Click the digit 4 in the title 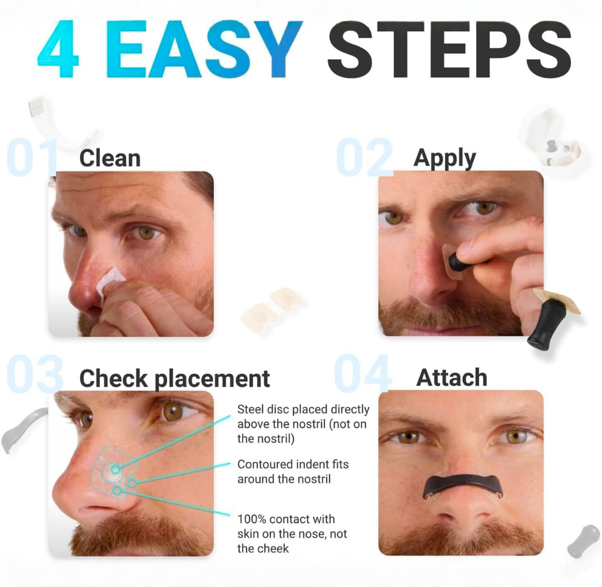tap(58, 50)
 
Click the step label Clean tap(110, 158)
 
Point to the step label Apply tap(444, 158)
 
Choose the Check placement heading tap(175, 378)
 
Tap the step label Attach tap(452, 378)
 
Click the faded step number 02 tap(364, 157)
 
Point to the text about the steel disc tap(303, 424)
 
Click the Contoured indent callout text tap(293, 472)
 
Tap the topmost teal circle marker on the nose tap(115, 469)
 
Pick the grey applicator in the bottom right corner tap(583, 540)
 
